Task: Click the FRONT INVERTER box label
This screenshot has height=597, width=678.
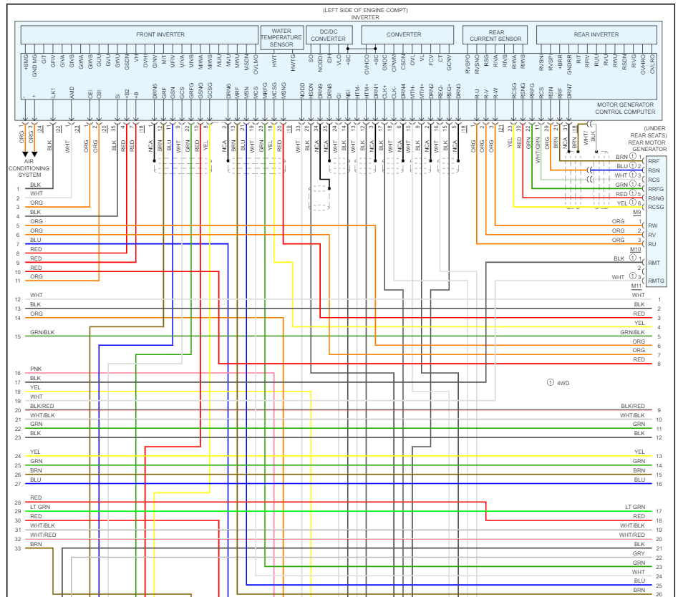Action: [x=160, y=34]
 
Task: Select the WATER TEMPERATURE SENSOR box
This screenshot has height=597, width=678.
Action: [x=281, y=38]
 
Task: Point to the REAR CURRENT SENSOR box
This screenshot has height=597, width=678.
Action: [x=496, y=36]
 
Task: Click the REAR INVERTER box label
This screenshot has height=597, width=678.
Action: [x=596, y=34]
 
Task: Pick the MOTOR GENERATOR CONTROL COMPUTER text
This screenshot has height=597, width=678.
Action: [x=626, y=108]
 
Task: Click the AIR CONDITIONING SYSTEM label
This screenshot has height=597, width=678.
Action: [x=30, y=169]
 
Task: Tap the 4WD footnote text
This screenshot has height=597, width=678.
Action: [x=563, y=383]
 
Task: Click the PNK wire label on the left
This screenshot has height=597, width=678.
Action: [x=36, y=369]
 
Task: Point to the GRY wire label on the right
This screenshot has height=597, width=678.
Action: [x=639, y=554]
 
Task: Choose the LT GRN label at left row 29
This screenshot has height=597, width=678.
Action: [x=40, y=507]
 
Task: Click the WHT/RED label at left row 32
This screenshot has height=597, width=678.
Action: [x=43, y=535]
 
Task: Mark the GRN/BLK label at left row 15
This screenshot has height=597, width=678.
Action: [x=42, y=332]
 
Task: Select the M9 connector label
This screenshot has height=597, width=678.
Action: [x=637, y=213]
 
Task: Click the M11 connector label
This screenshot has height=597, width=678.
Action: [x=636, y=286]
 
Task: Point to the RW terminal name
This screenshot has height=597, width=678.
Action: [x=652, y=225]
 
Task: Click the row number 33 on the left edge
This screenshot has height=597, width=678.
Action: [x=17, y=548]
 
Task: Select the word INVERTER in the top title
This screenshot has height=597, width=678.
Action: [x=365, y=17]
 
